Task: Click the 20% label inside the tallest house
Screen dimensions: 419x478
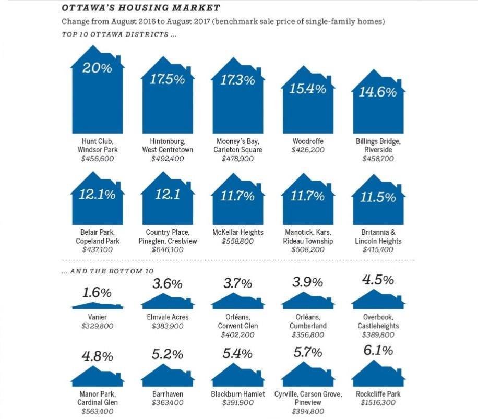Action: pyautogui.click(x=98, y=67)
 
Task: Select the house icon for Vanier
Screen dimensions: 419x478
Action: pyautogui.click(x=98, y=306)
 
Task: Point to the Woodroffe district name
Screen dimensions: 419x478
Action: pyautogui.click(x=307, y=141)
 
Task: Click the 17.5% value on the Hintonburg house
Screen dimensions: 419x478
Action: pyautogui.click(x=168, y=80)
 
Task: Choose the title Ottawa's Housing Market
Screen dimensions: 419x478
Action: pyautogui.click(x=140, y=8)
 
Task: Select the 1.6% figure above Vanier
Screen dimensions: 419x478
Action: pyautogui.click(x=98, y=292)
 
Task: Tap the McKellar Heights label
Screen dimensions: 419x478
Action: pyautogui.click(x=237, y=233)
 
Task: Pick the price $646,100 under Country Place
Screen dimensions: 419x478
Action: pyautogui.click(x=168, y=250)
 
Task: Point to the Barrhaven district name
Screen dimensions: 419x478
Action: pyautogui.click(x=168, y=394)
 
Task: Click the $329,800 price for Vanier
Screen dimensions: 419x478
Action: pyautogui.click(x=98, y=326)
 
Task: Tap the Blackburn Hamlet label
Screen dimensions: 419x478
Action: pyautogui.click(x=238, y=394)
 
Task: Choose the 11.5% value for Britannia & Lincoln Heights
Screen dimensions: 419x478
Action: pyautogui.click(x=377, y=197)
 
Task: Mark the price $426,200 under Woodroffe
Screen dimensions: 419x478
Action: pyautogui.click(x=307, y=150)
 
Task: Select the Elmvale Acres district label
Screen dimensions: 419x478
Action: pyautogui.click(x=168, y=317)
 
